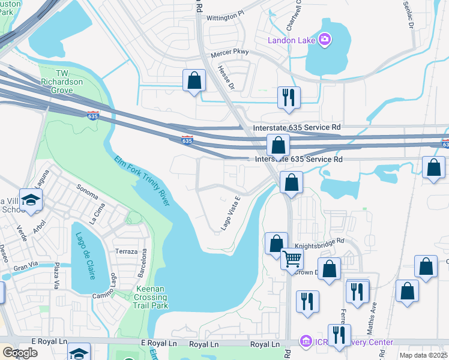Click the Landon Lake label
[292, 40]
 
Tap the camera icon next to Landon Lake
[325, 40]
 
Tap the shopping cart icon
[292, 259]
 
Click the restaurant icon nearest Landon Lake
[289, 97]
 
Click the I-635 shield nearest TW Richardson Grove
[92, 114]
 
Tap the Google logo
[20, 352]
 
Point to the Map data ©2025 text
[423, 355]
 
